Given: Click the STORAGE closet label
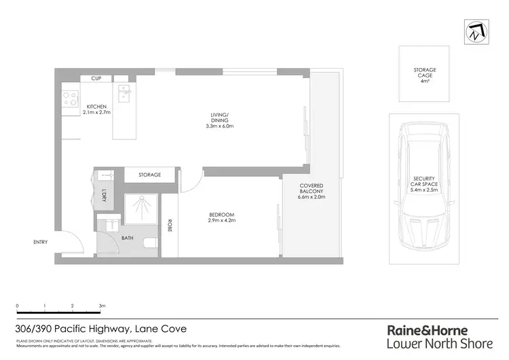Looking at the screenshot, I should (149, 175).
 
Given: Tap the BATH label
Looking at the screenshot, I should (128, 238).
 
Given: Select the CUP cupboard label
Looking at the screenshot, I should (95, 79).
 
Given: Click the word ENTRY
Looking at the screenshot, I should (41, 242).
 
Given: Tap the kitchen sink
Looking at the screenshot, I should (125, 92).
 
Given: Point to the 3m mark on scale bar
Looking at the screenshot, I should (102, 306).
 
